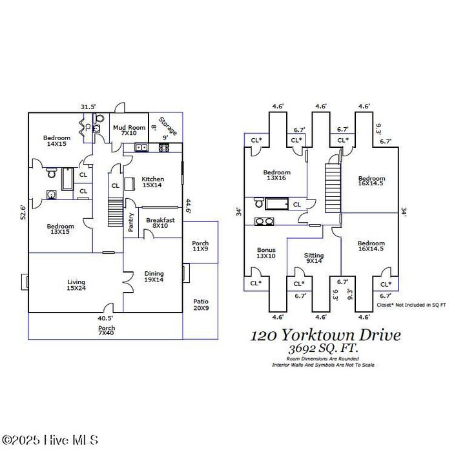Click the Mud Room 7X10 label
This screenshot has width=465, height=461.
129,131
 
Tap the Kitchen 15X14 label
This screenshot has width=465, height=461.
153,182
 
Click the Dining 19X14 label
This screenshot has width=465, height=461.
154,276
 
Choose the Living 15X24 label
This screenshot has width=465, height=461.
76,285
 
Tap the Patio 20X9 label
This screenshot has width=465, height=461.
201,305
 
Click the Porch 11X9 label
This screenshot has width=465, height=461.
200,246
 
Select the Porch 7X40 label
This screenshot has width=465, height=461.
106,331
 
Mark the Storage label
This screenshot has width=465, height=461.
167,126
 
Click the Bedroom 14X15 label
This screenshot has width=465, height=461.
57,141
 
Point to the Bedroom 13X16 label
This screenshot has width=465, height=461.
276,176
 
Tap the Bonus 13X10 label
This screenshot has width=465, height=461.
266,253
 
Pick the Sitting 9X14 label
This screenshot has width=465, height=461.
314,259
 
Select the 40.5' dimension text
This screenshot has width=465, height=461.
106,318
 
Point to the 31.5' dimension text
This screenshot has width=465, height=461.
88,107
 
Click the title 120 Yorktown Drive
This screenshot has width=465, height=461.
325,335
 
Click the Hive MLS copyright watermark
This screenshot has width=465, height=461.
50,440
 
